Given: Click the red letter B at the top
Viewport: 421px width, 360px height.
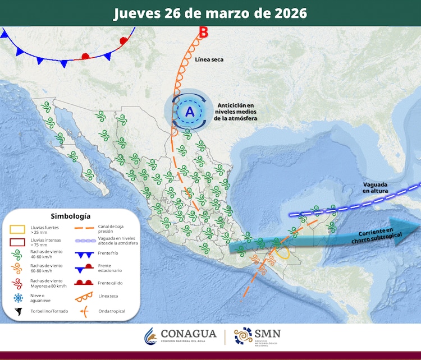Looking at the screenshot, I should coord(203,33).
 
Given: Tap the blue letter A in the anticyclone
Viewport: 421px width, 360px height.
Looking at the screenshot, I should coord(190,112).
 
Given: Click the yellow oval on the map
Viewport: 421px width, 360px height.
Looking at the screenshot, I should coord(282,252).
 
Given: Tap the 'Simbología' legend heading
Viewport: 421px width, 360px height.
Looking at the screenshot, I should coord(70,216).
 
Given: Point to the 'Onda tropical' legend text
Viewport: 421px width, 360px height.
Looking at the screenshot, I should coord(111,311).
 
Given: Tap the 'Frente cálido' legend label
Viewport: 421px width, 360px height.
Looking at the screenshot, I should coord(110,283).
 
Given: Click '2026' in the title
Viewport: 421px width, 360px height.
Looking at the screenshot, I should coord(287,13).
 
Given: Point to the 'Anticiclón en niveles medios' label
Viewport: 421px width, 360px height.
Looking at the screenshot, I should coord(235,112).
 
